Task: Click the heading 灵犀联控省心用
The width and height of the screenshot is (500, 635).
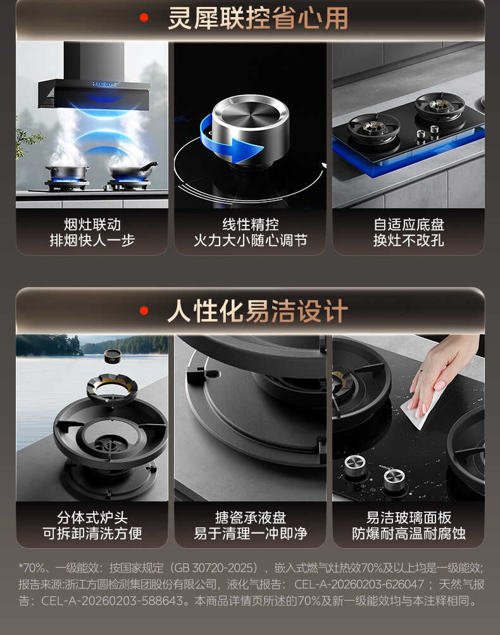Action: pos(258,18)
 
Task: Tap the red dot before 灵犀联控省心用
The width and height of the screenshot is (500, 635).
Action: pos(144,18)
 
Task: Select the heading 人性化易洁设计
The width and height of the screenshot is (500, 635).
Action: pos(258,311)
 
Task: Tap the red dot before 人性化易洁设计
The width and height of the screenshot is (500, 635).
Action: pos(144,311)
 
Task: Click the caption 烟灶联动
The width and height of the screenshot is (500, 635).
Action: pos(92,225)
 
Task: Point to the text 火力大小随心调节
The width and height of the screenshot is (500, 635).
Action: pos(250,241)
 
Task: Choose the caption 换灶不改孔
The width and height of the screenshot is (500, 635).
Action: pos(408,241)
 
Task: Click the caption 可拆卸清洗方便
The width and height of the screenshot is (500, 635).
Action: pos(92,534)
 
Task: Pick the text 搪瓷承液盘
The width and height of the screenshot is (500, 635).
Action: pos(250,517)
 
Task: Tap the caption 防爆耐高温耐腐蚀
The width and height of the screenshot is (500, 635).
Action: pos(408,534)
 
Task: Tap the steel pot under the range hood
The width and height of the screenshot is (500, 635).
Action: pos(66,172)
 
